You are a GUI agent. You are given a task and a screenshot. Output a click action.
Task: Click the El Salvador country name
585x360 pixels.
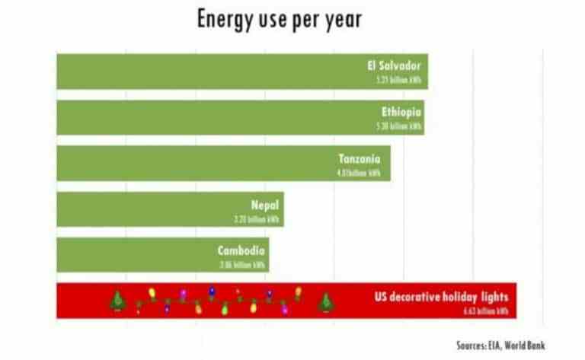click(x=394, y=65)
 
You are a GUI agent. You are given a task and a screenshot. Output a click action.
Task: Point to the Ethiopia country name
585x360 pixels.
click(x=401, y=112)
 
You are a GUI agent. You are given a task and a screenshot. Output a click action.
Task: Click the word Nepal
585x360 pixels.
click(x=265, y=204)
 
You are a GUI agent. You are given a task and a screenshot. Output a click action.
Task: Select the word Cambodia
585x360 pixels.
click(x=241, y=250)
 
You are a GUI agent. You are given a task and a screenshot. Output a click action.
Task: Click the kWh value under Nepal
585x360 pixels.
click(x=260, y=218)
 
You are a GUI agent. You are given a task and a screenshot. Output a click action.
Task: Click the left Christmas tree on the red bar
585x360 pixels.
click(x=119, y=301)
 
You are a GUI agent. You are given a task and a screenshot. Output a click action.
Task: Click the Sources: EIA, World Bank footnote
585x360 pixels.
click(x=500, y=345)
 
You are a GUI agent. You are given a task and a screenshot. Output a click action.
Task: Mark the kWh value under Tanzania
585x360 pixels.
click(x=358, y=173)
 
